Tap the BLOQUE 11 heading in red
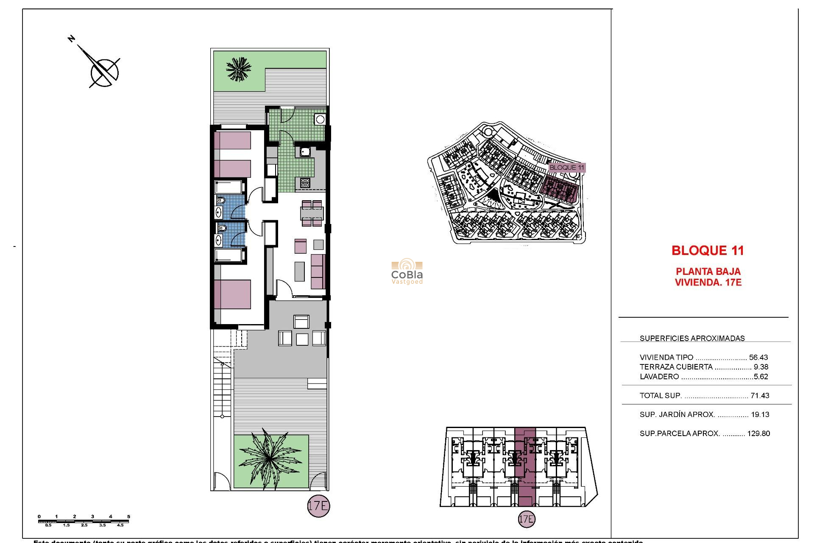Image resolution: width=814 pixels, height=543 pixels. click(708, 251)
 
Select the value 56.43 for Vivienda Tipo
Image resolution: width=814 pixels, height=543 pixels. click(758, 358)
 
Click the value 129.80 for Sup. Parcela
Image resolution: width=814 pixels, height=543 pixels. click(758, 434)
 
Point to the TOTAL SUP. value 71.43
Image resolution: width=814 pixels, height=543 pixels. click(759, 396)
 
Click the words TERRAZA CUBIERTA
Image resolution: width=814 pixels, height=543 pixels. click(676, 367)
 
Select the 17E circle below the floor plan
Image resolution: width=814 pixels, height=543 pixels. click(318, 506)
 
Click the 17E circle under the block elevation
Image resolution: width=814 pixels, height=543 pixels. click(526, 519)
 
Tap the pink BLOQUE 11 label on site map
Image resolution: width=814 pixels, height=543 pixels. click(566, 168)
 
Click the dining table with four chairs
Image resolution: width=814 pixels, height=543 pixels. click(312, 213)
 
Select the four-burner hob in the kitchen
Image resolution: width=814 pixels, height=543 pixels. click(305, 183)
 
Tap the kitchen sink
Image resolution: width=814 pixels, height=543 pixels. click(305, 151)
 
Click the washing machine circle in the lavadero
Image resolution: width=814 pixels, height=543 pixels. click(320, 120)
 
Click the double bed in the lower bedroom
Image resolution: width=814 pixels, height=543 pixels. click(232, 294)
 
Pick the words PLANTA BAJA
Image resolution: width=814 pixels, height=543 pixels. click(708, 271)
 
